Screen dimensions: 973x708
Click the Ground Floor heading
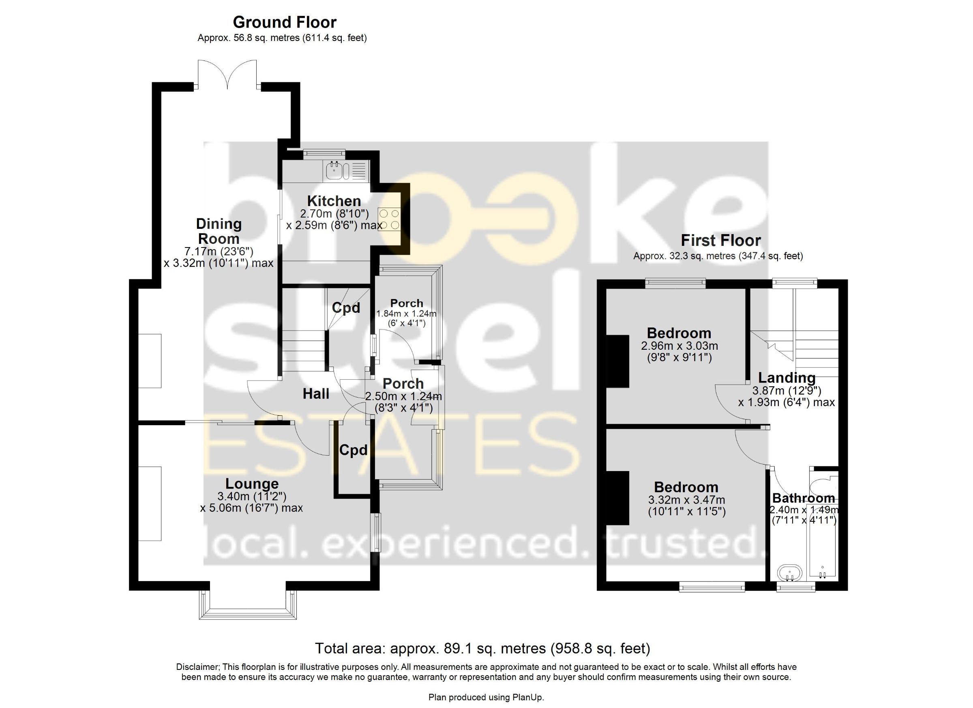[285, 22]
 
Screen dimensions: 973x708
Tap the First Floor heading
[721, 241]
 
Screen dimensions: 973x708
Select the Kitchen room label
[334, 201]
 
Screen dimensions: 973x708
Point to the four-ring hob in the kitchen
[389, 219]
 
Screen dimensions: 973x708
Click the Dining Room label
[219, 231]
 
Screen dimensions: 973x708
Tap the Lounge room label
[252, 484]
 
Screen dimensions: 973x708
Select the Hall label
[316, 394]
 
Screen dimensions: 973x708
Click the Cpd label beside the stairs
[346, 308]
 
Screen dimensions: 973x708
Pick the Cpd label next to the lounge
[354, 450]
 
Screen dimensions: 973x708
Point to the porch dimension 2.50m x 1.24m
[403, 396]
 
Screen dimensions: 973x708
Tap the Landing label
[787, 378]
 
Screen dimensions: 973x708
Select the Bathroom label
[804, 498]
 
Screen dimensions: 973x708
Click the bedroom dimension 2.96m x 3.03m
[679, 346]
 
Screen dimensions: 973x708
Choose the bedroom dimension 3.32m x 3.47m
[686, 500]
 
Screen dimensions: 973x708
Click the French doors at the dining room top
[227, 75]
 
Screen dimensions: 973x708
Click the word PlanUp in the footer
[528, 697]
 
